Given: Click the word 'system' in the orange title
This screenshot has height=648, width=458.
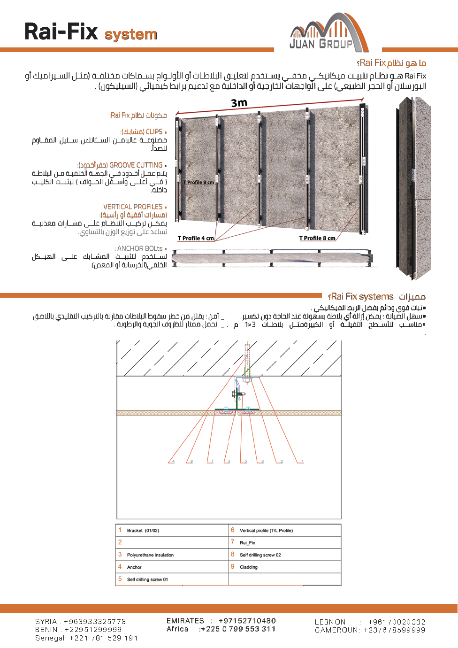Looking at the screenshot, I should pos(130,34).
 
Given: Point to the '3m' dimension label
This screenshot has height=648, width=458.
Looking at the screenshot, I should pos(239,103).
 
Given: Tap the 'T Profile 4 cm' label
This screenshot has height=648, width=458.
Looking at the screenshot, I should pos(196,239).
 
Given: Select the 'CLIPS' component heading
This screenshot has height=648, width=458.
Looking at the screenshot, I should pos(154,132).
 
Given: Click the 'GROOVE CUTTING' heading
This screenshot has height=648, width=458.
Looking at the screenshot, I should pos(136,165).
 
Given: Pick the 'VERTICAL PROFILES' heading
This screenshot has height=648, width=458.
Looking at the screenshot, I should pos(133,207).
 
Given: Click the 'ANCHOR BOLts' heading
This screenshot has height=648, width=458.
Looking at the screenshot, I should pos(140,248).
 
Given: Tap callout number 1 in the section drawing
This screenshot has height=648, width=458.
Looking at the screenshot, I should pos(303,461).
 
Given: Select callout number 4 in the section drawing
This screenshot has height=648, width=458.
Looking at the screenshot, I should pos(173,461).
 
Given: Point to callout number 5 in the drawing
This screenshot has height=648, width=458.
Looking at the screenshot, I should pos(245,461).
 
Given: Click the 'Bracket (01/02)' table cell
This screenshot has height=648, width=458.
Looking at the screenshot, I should pos(143,531).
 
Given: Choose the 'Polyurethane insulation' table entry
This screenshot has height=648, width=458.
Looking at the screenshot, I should pos(150,555).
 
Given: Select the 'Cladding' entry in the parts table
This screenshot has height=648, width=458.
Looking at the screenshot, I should pos(249,567).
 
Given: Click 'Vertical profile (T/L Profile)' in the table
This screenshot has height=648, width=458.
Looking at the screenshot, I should pos(266,531).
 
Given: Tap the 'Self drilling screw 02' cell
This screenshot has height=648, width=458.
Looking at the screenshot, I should pos(260,555).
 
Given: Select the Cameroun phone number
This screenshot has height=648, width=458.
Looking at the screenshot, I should pos(394,630).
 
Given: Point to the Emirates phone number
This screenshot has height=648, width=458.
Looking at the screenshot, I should pos(247,621).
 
